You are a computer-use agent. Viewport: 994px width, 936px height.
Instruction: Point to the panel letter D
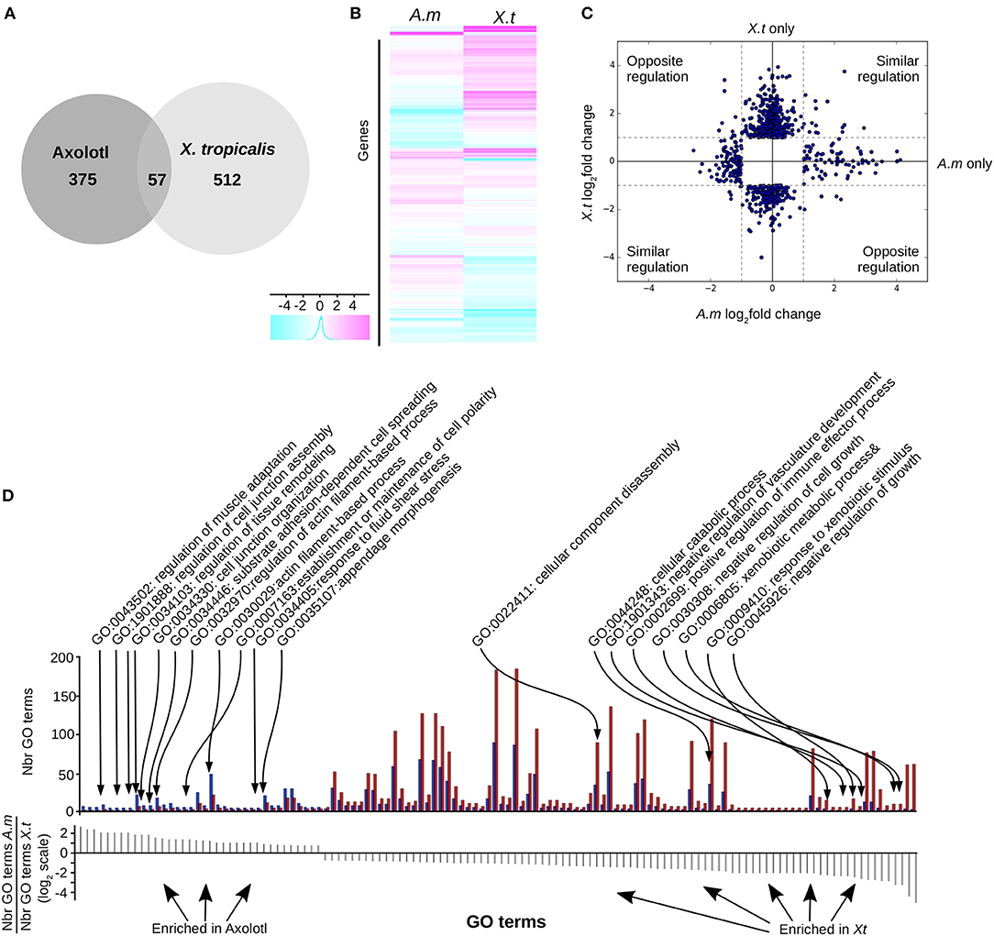coord(9,496)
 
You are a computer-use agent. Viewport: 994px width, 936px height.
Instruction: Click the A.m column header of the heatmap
coord(426,14)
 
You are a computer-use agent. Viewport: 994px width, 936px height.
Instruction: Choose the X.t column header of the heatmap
coord(501,14)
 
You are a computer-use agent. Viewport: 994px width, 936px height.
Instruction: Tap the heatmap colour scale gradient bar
coord(319,328)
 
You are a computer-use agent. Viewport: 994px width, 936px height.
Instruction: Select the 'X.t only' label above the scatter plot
coord(768,29)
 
